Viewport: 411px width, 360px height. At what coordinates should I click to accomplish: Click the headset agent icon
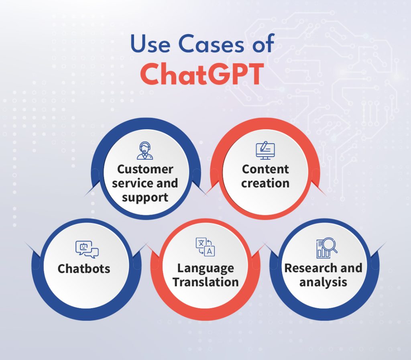pyautogui.click(x=144, y=151)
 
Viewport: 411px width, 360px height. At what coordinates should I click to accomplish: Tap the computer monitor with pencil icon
pyautogui.click(x=265, y=151)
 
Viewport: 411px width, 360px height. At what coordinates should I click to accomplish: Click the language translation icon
pyautogui.click(x=205, y=247)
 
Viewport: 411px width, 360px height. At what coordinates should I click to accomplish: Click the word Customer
pyautogui.click(x=144, y=169)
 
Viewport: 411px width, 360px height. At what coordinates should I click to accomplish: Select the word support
pyautogui.click(x=145, y=197)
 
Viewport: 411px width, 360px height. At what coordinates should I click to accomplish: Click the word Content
pyautogui.click(x=265, y=169)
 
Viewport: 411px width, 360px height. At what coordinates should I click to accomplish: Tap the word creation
pyautogui.click(x=265, y=183)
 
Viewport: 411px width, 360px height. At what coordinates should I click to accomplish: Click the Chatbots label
pyautogui.click(x=84, y=268)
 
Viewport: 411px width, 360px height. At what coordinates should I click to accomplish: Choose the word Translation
pyautogui.click(x=205, y=282)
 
